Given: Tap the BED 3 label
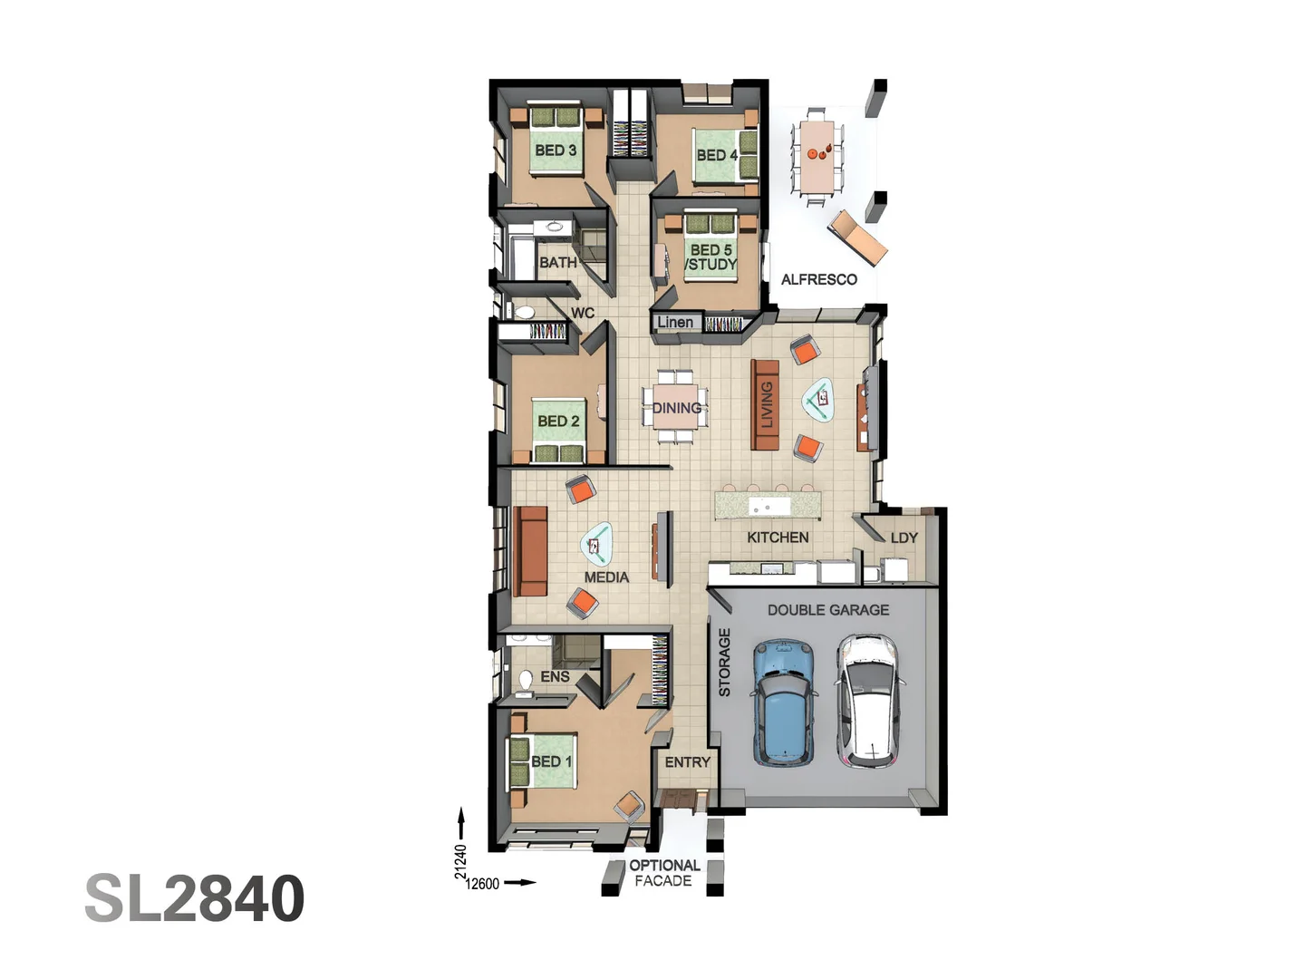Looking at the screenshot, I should click(556, 150).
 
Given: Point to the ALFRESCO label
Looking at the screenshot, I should click(818, 279).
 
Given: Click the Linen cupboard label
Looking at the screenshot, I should click(675, 322).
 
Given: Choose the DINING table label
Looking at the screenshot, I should click(677, 408).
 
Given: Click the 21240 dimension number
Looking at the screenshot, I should click(460, 861).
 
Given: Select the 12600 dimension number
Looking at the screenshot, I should click(482, 884).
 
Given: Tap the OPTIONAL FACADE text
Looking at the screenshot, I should click(664, 873).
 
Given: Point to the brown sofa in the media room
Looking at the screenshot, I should click(530, 551).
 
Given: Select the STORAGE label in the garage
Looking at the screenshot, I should click(724, 662).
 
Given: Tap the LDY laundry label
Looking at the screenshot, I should click(904, 538).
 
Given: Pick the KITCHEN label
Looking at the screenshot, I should click(778, 538).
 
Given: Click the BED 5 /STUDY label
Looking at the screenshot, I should click(711, 257).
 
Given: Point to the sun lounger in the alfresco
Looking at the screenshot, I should click(857, 237).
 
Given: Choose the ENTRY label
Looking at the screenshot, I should click(687, 762).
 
